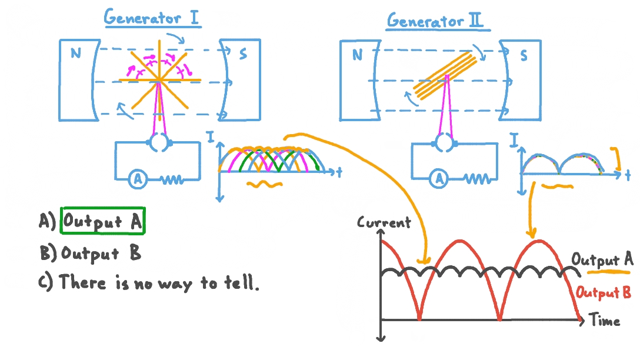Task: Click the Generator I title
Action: pos(152,18)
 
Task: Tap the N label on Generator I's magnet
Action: pos(75,54)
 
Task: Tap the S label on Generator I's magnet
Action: pos(243,55)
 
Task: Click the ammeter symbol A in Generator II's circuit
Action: pos(439,179)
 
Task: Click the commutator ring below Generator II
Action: pos(444,141)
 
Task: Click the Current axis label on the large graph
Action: pos(384,223)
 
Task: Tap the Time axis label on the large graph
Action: pos(604,321)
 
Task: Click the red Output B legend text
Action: pos(604,292)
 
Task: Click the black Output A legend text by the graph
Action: pos(602,259)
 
